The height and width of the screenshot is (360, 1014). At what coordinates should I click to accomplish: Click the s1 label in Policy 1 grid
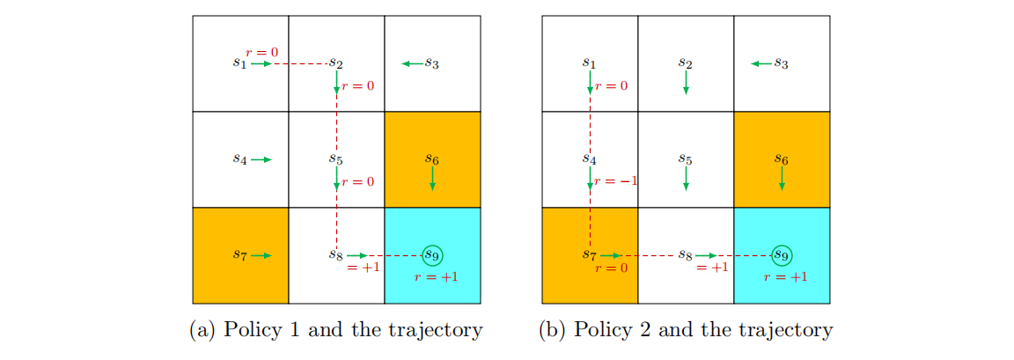pyautogui.click(x=239, y=63)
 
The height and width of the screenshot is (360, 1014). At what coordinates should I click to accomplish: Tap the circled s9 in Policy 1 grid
pyautogui.click(x=431, y=255)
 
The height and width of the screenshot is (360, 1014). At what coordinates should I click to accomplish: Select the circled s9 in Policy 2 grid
pyautogui.click(x=780, y=255)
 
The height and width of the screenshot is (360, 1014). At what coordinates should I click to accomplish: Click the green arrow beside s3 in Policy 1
pyautogui.click(x=411, y=63)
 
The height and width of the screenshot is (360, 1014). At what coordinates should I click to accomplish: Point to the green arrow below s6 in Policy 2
pyautogui.click(x=782, y=180)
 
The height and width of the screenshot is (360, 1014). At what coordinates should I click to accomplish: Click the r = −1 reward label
pyautogui.click(x=616, y=181)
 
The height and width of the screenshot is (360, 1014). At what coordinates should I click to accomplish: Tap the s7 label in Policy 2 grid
pyautogui.click(x=589, y=255)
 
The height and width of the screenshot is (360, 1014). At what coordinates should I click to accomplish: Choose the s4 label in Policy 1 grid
pyautogui.click(x=239, y=159)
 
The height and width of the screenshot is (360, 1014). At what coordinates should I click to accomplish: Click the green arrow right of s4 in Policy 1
pyautogui.click(x=261, y=159)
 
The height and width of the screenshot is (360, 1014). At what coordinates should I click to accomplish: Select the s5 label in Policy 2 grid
pyautogui.click(x=685, y=159)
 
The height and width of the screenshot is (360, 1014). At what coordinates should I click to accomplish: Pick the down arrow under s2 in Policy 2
pyautogui.click(x=686, y=83)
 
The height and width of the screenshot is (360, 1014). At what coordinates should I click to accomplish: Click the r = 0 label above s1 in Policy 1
pyautogui.click(x=262, y=53)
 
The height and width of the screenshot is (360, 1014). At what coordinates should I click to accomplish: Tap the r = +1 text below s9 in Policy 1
pyautogui.click(x=436, y=276)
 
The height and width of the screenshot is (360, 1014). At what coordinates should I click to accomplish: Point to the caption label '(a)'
pyautogui.click(x=203, y=331)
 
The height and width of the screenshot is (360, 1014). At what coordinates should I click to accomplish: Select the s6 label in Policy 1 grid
pyautogui.click(x=431, y=159)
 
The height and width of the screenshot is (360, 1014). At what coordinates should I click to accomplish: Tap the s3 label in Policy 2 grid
pyautogui.click(x=780, y=63)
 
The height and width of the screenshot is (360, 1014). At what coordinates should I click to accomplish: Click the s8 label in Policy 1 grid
pyautogui.click(x=335, y=255)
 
